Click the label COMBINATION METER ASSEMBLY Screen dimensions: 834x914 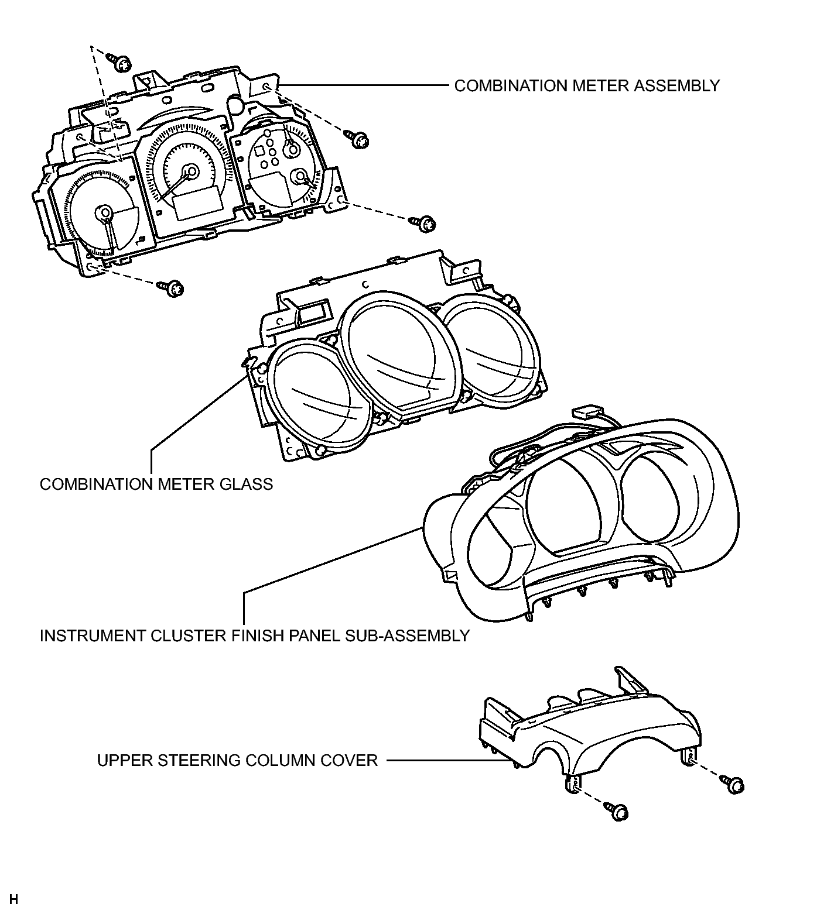[x=587, y=85]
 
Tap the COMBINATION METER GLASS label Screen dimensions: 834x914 [x=156, y=484]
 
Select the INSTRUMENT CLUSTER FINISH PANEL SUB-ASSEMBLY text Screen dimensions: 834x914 [x=255, y=635]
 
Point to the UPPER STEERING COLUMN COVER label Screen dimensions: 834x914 [x=237, y=760]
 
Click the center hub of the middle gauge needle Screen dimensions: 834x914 [x=190, y=171]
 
